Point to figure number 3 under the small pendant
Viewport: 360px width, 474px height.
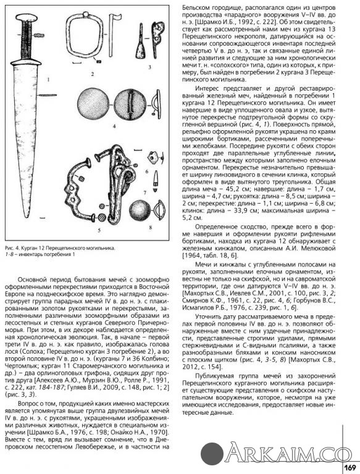148,65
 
